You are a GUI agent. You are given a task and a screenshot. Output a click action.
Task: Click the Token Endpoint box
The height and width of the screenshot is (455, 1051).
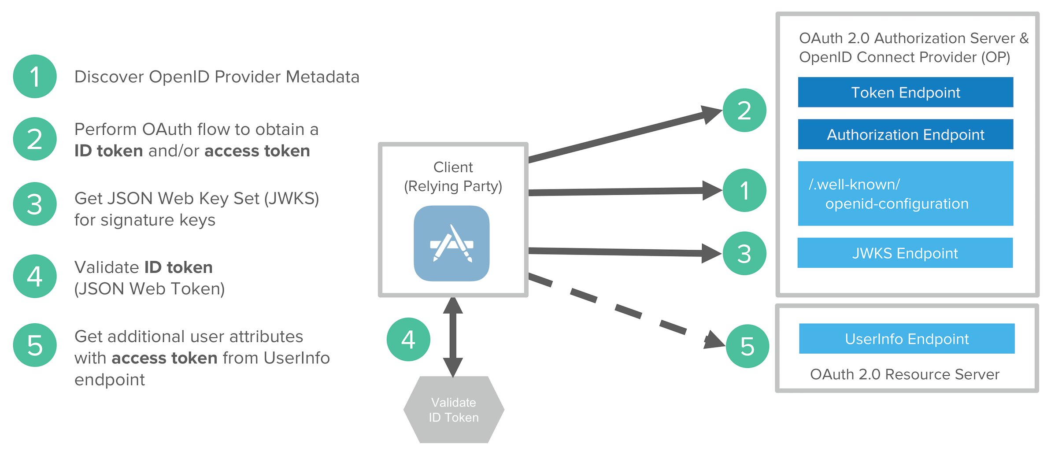click(905, 92)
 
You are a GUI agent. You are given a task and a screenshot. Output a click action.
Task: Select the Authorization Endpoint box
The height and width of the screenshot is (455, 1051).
click(905, 134)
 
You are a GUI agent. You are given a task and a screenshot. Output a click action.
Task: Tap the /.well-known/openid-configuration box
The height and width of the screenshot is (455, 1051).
click(905, 193)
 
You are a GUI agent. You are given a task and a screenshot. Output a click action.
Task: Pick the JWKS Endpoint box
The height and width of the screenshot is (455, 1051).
click(905, 253)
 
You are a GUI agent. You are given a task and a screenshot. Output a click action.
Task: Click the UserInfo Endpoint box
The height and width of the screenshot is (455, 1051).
click(907, 339)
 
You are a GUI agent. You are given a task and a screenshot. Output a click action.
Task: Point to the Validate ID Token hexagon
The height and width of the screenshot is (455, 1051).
click(454, 410)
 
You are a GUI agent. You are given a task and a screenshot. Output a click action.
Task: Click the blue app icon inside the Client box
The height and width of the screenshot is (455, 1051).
click(451, 244)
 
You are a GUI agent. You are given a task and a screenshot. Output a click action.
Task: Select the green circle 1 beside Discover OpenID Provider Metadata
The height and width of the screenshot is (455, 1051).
click(35, 76)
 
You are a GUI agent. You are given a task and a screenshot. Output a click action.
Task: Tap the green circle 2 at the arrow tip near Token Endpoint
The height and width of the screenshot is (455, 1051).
click(744, 110)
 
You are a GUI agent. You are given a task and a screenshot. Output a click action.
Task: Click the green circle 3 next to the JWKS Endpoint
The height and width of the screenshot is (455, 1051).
click(744, 253)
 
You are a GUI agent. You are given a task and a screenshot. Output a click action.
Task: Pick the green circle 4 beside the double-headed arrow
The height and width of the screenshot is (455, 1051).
click(408, 340)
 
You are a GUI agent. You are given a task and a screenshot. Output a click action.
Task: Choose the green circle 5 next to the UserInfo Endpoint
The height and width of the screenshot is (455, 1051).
click(747, 346)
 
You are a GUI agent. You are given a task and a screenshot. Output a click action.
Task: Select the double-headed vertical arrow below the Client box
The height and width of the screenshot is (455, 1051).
click(453, 337)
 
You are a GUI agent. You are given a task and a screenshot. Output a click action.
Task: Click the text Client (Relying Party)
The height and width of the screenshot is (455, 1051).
click(453, 177)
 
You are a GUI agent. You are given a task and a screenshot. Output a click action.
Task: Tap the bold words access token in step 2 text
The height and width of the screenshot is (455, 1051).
click(257, 151)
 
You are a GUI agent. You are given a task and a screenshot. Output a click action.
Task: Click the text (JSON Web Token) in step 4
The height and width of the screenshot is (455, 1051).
click(150, 289)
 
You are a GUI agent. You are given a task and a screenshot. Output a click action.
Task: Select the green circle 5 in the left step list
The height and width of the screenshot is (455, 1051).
click(35, 345)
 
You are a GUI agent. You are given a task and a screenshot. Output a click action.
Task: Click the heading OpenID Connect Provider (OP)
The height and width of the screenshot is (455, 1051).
click(904, 57)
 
